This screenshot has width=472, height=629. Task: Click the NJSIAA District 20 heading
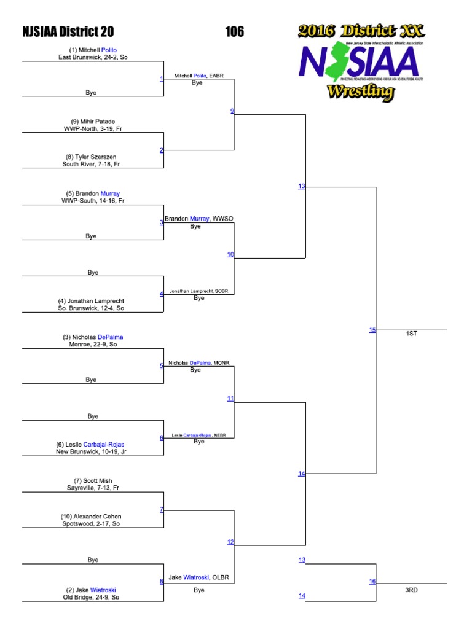[68, 32]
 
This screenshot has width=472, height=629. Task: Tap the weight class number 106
[234, 32]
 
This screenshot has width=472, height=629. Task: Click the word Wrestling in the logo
[360, 92]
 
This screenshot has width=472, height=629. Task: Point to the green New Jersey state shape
[335, 64]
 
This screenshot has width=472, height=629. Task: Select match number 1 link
[161, 79]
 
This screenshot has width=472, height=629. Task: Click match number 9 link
[232, 111]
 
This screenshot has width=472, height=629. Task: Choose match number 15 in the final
[372, 330]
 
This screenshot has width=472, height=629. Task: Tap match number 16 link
[372, 581]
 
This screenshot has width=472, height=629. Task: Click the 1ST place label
[411, 334]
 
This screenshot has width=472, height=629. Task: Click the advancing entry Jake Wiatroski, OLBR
[199, 577]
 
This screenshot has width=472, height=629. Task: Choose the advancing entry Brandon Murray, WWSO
[199, 219]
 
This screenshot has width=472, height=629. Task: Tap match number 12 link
[230, 542]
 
